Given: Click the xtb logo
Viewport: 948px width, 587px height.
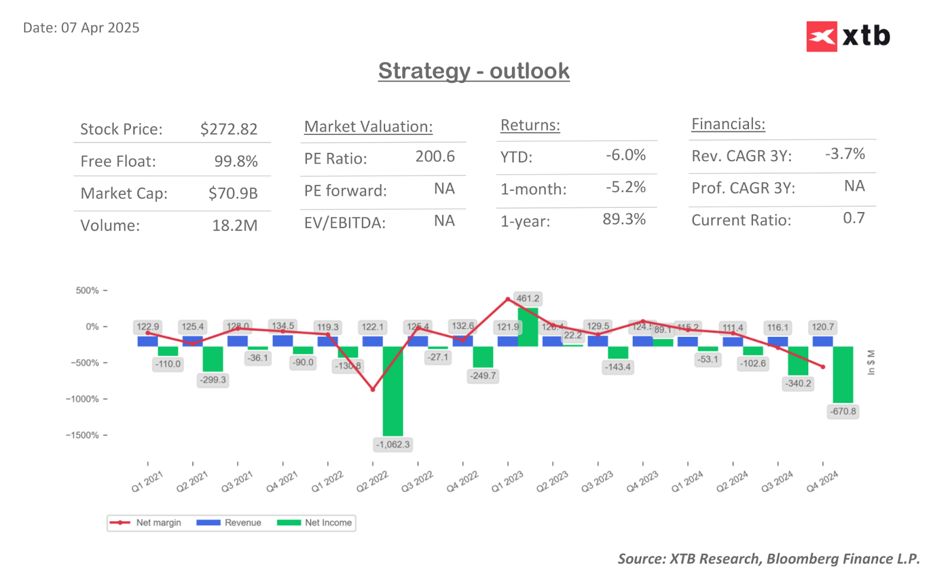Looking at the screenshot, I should [848, 37].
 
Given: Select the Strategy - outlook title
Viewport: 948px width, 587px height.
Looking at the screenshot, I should [473, 71].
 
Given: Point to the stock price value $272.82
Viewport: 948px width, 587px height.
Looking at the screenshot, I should [229, 129].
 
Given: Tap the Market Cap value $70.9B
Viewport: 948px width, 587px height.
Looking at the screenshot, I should [233, 193].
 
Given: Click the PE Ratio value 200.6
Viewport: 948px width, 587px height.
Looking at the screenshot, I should [435, 156].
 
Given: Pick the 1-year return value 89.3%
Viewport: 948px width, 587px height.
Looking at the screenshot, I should [624, 219].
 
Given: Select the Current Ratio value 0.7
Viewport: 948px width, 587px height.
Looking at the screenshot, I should [854, 218].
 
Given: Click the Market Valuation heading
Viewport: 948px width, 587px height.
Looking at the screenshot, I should [368, 127].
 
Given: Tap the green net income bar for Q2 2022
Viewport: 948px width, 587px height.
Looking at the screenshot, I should [393, 391].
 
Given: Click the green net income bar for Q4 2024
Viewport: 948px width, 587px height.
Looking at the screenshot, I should [843, 374].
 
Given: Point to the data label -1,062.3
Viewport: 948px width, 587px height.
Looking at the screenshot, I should [393, 444].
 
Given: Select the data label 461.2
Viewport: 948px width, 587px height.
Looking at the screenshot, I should [527, 299].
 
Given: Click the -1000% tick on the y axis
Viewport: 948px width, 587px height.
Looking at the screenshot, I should [82, 399].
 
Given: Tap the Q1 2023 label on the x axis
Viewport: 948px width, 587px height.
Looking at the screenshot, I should [507, 482].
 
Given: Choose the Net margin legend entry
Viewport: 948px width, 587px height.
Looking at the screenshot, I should [145, 522].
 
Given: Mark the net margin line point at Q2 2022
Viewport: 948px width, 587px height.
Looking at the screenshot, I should [373, 389].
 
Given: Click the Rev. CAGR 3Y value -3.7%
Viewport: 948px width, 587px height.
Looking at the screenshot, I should [845, 154].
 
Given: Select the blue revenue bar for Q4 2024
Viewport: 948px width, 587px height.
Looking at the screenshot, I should [822, 341].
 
